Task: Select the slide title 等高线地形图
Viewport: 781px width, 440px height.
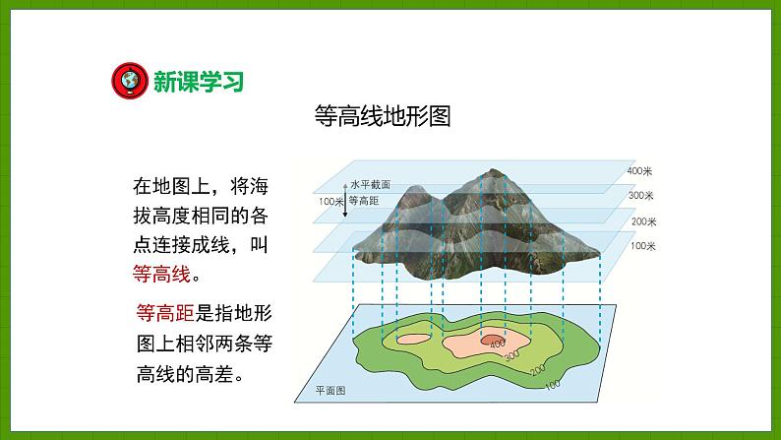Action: pos(383,116)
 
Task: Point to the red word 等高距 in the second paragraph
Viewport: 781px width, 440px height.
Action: pos(163,314)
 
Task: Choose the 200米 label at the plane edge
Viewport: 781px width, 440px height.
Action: pos(643,220)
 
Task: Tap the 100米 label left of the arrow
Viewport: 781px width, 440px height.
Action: pos(329,201)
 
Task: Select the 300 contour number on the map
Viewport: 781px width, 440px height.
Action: pos(511,354)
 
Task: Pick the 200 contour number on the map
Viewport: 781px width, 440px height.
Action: pos(537,369)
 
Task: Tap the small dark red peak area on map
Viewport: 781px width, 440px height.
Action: pos(490,339)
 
